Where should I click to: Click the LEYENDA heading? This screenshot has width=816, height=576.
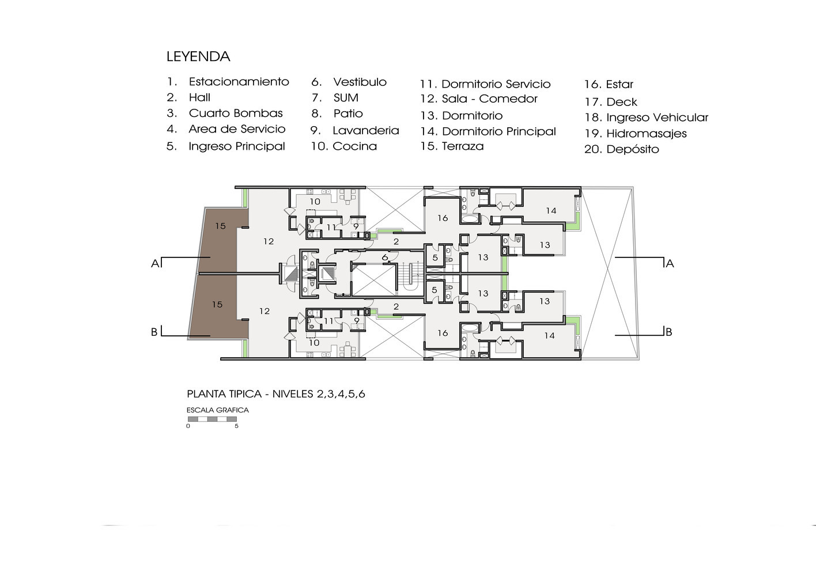click(x=198, y=56)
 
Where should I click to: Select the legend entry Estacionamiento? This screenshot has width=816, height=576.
click(x=239, y=82)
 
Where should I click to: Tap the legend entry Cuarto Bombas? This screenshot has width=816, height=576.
click(x=236, y=113)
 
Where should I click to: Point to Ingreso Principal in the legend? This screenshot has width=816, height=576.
click(x=237, y=146)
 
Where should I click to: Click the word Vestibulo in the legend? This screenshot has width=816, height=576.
click(x=360, y=82)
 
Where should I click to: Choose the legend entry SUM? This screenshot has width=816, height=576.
click(x=346, y=97)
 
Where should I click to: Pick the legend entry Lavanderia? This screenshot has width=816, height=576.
click(x=366, y=130)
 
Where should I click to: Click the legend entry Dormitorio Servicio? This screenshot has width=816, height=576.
click(x=496, y=84)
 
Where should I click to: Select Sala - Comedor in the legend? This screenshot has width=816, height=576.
click(x=490, y=98)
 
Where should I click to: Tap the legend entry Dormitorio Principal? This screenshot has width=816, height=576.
click(x=498, y=131)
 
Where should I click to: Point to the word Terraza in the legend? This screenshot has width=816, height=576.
click(x=463, y=146)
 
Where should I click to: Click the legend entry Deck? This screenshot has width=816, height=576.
click(x=621, y=102)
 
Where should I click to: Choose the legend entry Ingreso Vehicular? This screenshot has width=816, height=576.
click(x=657, y=118)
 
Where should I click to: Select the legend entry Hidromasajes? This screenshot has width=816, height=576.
click(x=646, y=134)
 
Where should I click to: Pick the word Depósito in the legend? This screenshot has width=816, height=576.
click(x=632, y=149)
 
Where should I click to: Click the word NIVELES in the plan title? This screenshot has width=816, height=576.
click(x=293, y=394)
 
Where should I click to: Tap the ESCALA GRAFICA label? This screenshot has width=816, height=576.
click(x=217, y=410)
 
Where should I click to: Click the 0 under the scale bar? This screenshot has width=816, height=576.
click(x=188, y=426)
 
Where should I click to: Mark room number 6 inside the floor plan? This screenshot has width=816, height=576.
click(x=385, y=257)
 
